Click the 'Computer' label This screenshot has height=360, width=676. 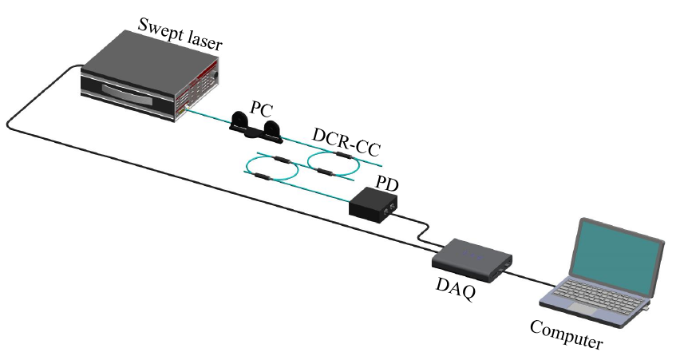(567, 334)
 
